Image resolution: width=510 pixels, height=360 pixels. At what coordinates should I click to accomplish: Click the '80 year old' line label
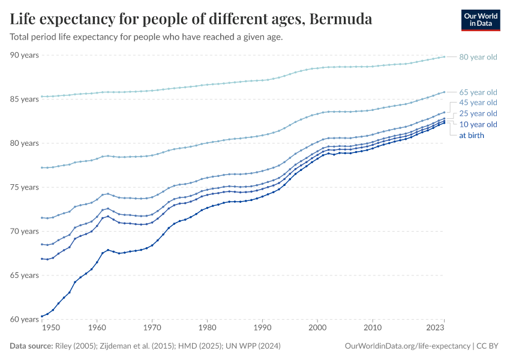pos(478,57)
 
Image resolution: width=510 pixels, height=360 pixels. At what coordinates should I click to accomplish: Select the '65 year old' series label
pos(478,92)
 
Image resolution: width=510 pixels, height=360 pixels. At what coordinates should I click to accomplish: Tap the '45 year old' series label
pos(478,103)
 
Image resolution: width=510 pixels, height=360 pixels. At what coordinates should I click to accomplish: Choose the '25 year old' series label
pos(478,113)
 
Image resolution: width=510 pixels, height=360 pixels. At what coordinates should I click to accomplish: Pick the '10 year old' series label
pos(478,124)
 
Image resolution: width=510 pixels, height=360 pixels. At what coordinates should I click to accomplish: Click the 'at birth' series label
pos(472,135)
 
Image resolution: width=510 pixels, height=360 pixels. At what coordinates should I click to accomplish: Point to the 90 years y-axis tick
pos(24,55)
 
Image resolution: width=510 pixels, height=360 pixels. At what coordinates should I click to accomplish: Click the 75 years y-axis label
pos(24,187)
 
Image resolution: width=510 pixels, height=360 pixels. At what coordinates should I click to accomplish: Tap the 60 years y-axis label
pos(24,319)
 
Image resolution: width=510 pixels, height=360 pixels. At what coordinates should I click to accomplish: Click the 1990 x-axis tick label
pos(262,328)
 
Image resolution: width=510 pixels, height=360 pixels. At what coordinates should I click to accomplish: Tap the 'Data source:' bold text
pos(31,346)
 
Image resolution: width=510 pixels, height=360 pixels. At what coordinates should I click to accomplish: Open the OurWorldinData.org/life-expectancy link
pos(407,346)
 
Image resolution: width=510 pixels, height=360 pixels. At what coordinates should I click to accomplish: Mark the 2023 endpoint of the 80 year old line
pos(444,56)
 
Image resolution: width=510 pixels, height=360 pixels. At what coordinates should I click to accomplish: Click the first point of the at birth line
pos(41,316)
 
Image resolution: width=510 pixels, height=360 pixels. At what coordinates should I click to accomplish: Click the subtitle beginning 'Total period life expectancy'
pos(146,37)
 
